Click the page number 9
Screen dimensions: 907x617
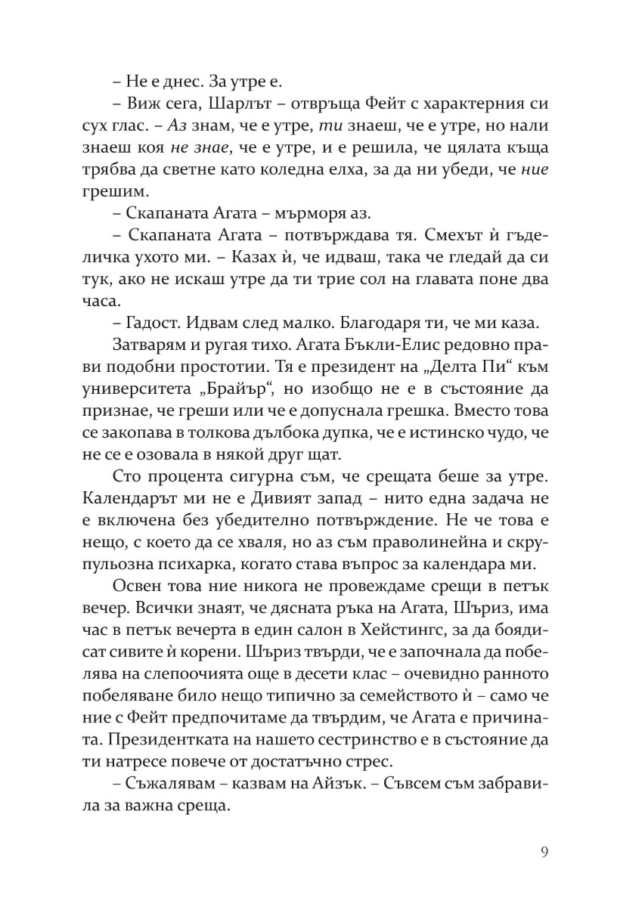point(544,853)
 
